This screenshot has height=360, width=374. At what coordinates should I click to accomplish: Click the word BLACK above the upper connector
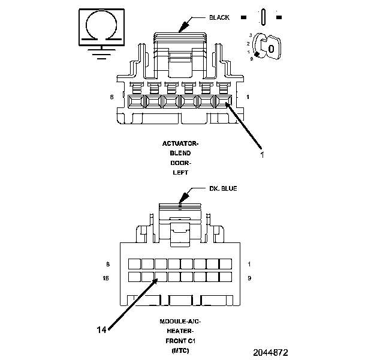click(219, 17)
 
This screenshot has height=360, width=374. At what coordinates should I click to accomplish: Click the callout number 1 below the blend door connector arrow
click(262, 154)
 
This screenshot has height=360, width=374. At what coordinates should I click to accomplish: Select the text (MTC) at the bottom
click(180, 350)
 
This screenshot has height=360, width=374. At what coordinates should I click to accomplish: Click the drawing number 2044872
click(270, 352)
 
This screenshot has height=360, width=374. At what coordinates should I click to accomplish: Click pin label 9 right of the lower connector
click(249, 278)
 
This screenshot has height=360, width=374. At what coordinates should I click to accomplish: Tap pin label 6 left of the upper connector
click(111, 97)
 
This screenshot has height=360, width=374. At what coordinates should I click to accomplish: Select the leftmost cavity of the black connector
click(135, 103)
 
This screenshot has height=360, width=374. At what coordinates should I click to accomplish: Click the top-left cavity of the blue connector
click(134, 264)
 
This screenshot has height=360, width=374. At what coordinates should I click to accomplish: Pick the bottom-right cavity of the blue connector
click(226, 277)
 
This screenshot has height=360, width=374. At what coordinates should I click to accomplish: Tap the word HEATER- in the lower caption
click(180, 331)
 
